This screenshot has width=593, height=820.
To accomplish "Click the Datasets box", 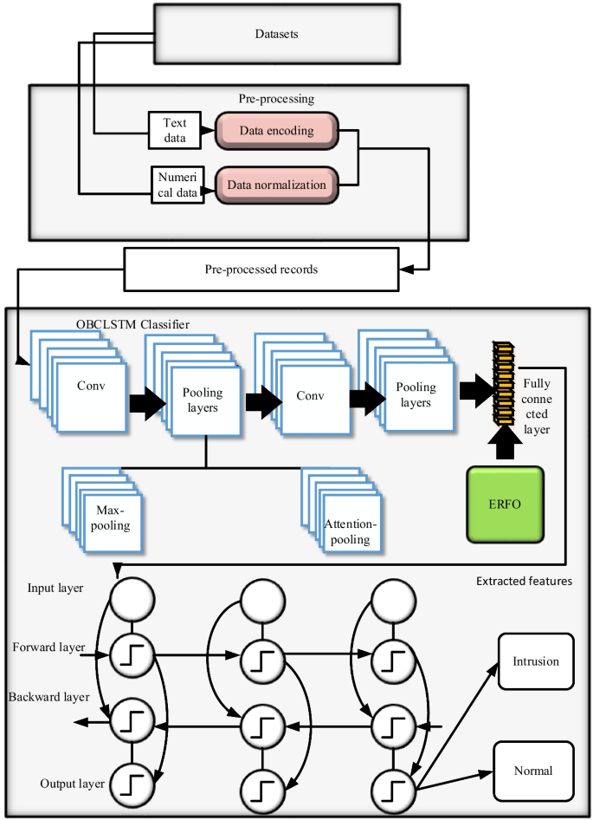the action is coord(277,34).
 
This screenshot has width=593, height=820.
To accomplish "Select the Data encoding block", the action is coord(277,131).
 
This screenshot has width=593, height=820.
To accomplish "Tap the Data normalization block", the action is coord(277,185).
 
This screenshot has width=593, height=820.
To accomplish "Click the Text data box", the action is coord(175,130).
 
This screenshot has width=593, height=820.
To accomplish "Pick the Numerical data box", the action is coord(177,185).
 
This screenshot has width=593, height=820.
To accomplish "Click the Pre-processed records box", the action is coord(261,270).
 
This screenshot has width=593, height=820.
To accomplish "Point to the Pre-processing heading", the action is coord(276,98).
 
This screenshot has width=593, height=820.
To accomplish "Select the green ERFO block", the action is coord(506,504).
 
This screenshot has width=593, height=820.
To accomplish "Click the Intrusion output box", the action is coord(536,661).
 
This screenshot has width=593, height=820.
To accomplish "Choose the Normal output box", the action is coord(533,771).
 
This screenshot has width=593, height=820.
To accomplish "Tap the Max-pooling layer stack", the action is coord(102,510).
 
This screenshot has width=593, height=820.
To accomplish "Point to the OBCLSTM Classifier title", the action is coord(132,324).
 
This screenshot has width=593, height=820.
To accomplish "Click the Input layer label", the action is coord(55,588).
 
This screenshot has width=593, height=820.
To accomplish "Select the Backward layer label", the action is coord(48,697).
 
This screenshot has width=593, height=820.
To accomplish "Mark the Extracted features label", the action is coord(524,581).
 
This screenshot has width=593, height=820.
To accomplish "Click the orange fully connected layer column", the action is coord(504,383).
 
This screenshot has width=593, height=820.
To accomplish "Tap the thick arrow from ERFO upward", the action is coord(506,443).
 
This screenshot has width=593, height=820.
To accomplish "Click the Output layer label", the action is coord(73,784).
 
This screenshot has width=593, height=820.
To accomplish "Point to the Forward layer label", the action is coord(48,648).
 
